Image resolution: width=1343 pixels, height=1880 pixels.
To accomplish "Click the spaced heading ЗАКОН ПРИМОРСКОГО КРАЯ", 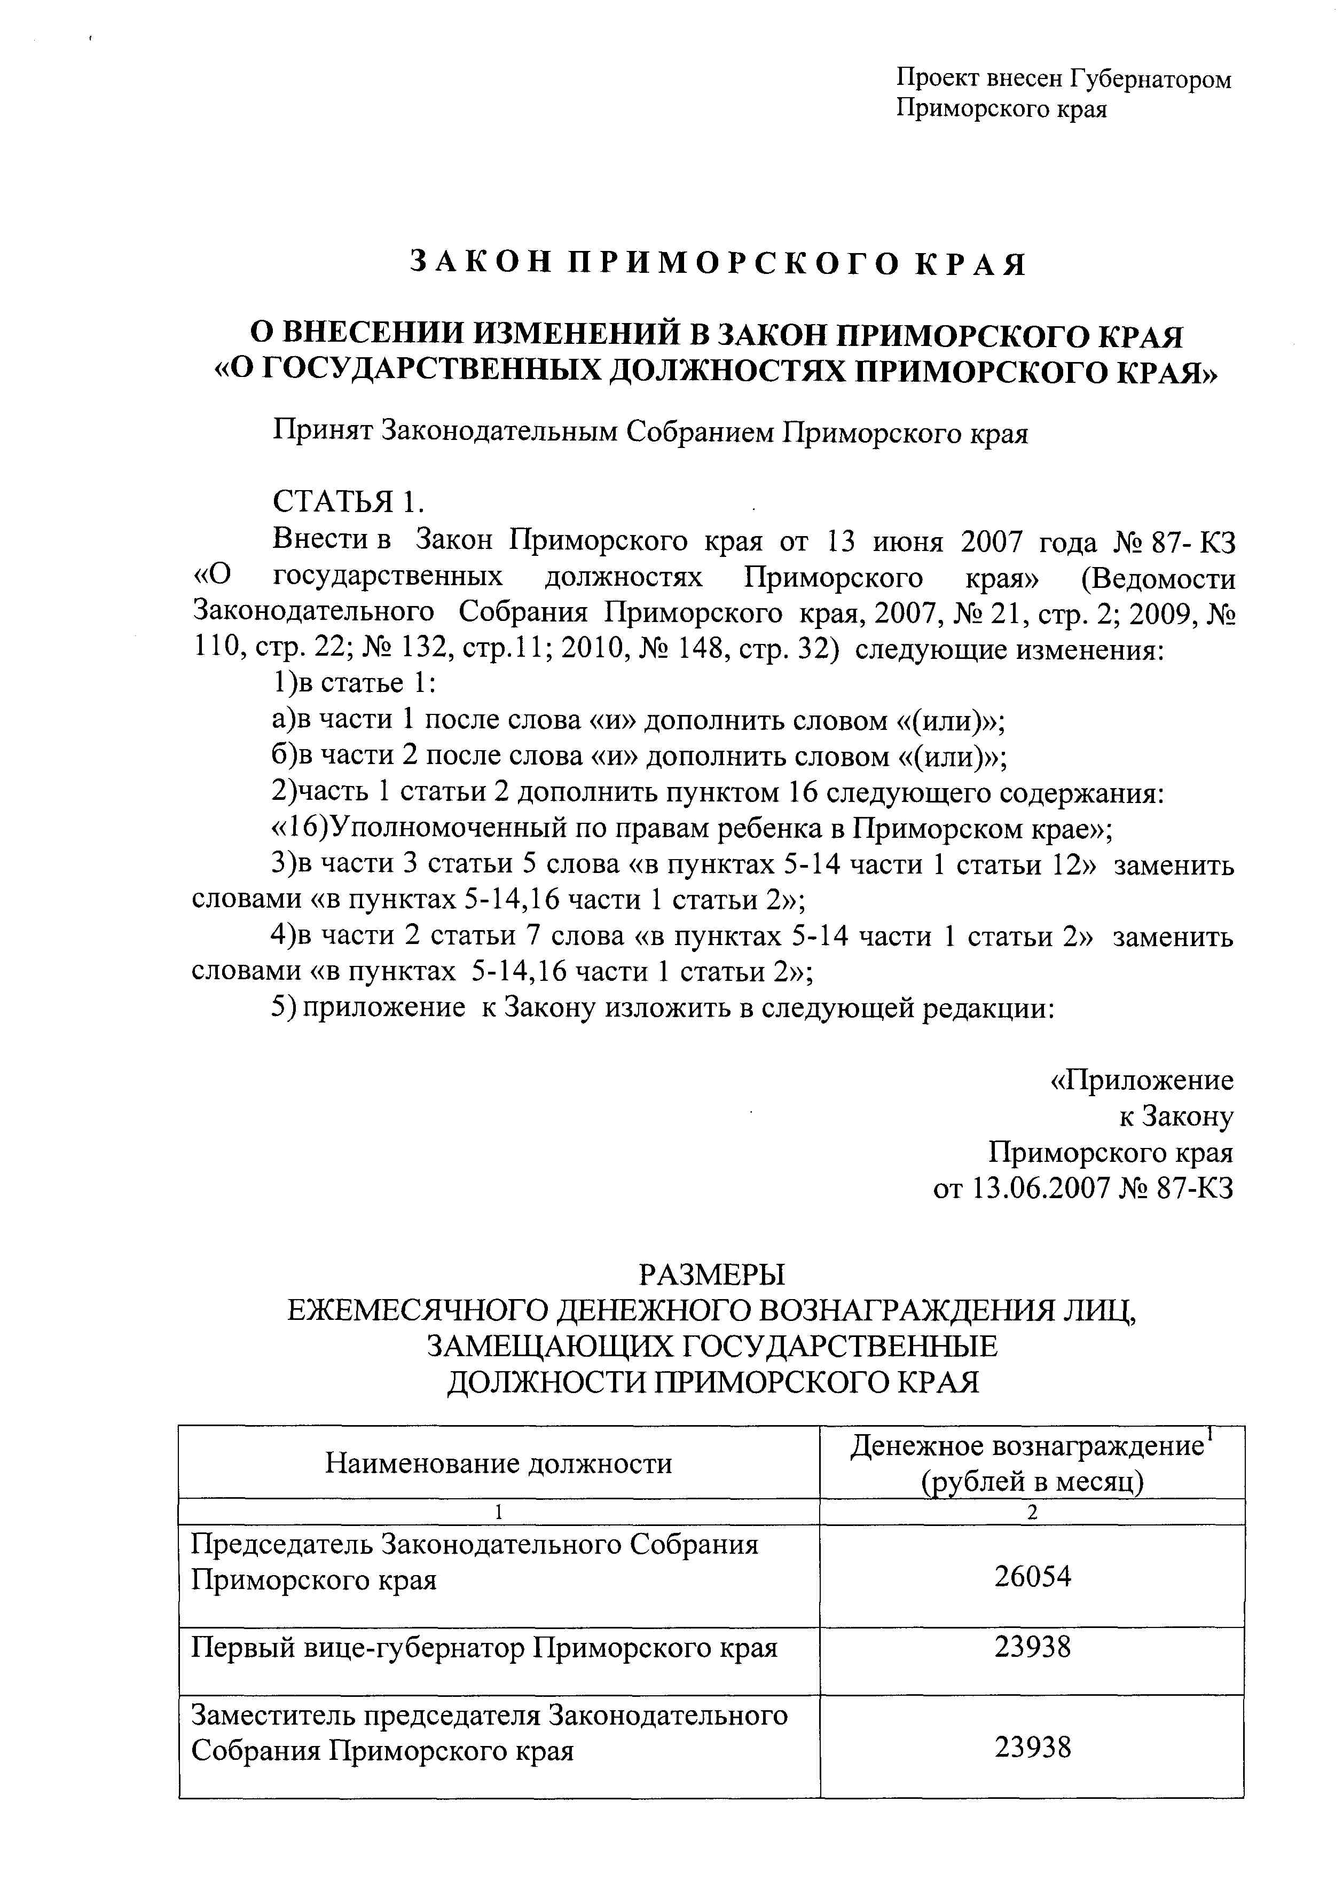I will coord(718,264).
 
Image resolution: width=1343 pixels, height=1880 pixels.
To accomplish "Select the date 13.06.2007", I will coord(1039,1189).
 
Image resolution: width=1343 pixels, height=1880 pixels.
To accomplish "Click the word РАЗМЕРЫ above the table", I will coord(712,1275).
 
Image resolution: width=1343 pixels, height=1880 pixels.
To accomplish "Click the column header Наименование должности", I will coord(499,1464).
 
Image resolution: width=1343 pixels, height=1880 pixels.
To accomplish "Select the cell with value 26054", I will coord(1032,1577).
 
